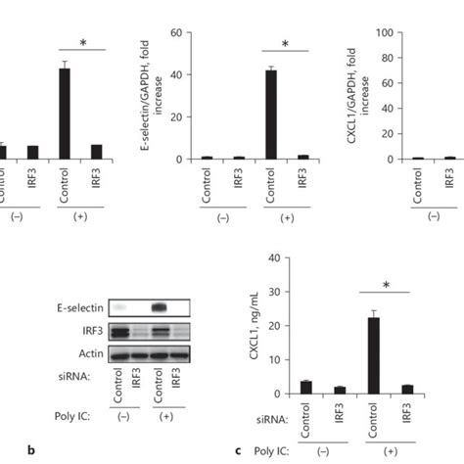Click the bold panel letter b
coord(34,451)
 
